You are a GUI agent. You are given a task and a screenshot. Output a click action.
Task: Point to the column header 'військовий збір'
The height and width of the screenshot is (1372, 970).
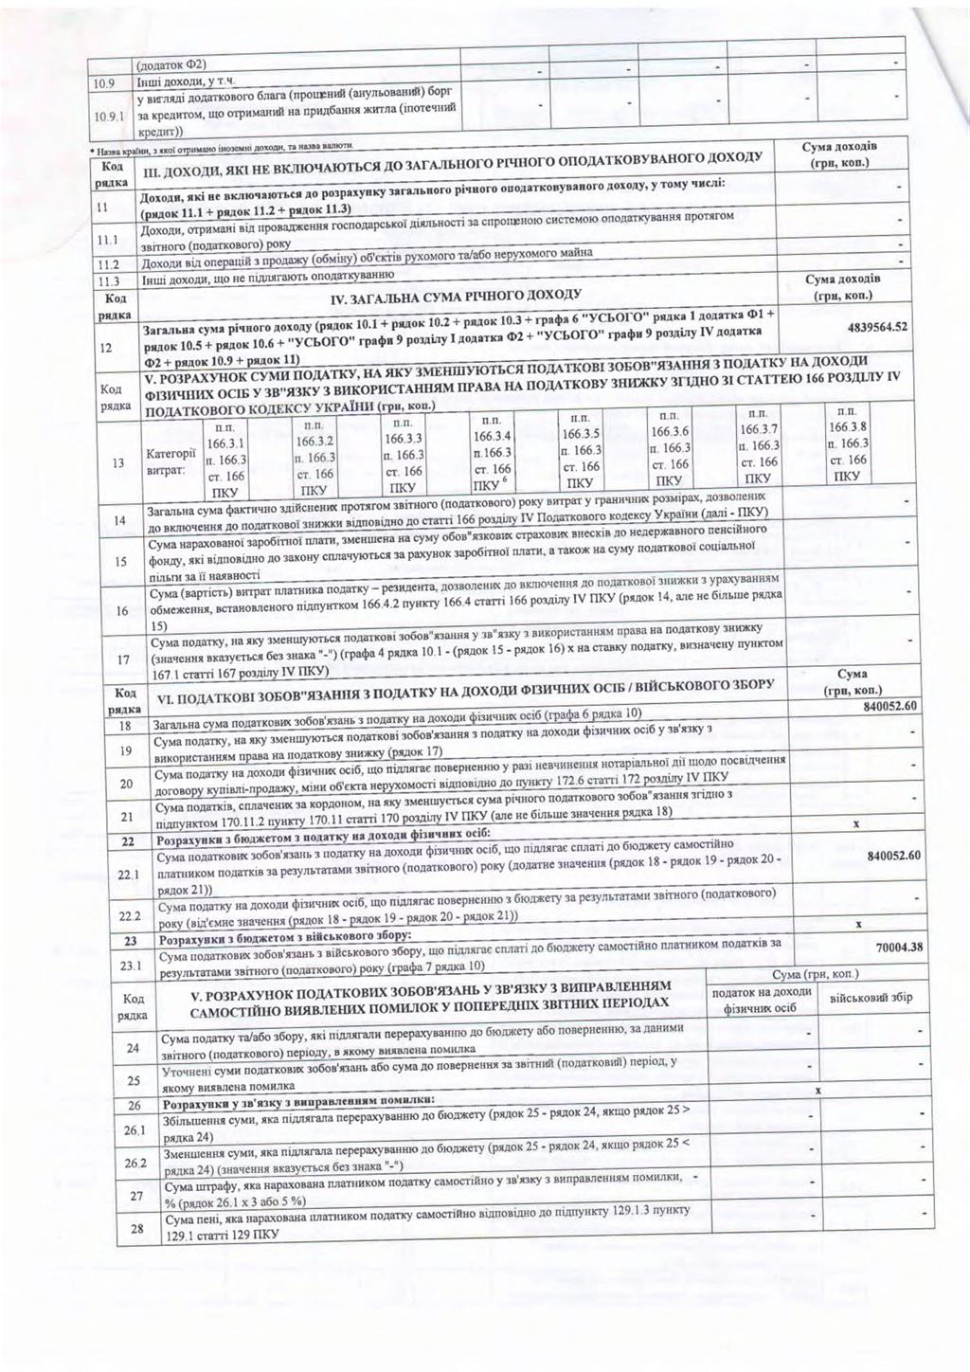click(x=871, y=998)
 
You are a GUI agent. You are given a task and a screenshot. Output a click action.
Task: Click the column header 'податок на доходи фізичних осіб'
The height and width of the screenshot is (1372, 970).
click(x=761, y=1000)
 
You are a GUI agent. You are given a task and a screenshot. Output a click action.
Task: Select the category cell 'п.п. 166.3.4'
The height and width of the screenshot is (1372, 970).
click(x=493, y=452)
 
